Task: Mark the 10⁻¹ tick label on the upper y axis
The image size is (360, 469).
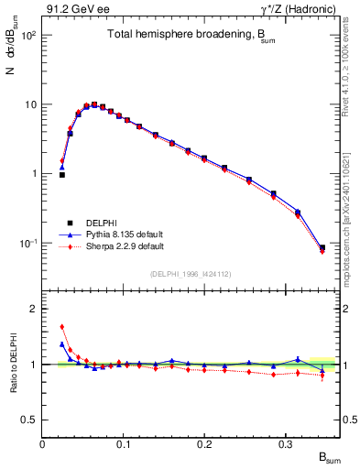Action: click(x=27, y=243)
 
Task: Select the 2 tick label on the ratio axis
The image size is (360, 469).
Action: click(x=33, y=309)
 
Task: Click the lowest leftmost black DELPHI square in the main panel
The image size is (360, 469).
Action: click(x=62, y=174)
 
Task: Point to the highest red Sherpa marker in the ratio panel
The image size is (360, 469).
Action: click(x=62, y=326)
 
